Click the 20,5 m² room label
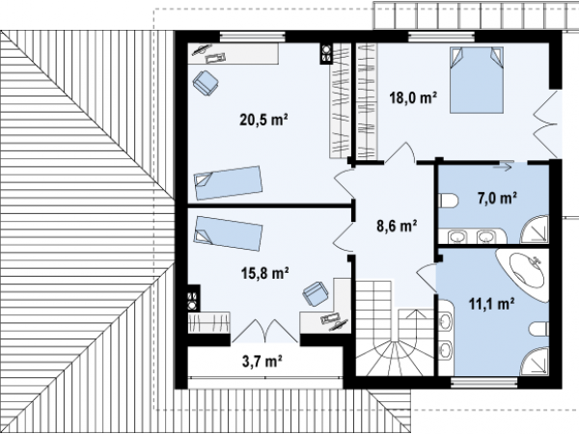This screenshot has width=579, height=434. [x=263, y=120]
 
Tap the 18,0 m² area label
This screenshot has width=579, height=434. [x=413, y=98]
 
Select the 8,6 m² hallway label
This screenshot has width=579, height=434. [x=397, y=226]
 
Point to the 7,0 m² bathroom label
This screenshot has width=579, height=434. [x=497, y=199]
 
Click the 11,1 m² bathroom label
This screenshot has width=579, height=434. [x=492, y=304]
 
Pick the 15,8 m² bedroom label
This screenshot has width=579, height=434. [x=264, y=274]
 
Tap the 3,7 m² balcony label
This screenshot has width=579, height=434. [x=262, y=362]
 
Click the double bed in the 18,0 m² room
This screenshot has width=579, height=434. [x=477, y=80]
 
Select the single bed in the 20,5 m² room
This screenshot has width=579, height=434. [x=228, y=182]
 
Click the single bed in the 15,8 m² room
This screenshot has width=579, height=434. [x=228, y=233]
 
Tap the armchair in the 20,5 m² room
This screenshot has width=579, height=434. [x=206, y=83]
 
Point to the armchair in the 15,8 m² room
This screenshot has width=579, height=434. [x=316, y=294]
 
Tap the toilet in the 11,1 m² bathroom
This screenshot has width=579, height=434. [x=538, y=329]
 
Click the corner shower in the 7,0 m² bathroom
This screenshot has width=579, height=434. [x=536, y=231]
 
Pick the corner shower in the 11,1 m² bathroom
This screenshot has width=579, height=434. [x=536, y=362]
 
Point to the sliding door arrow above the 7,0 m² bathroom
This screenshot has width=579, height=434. [x=503, y=167]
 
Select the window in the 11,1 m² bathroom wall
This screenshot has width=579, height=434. [x=484, y=383]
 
